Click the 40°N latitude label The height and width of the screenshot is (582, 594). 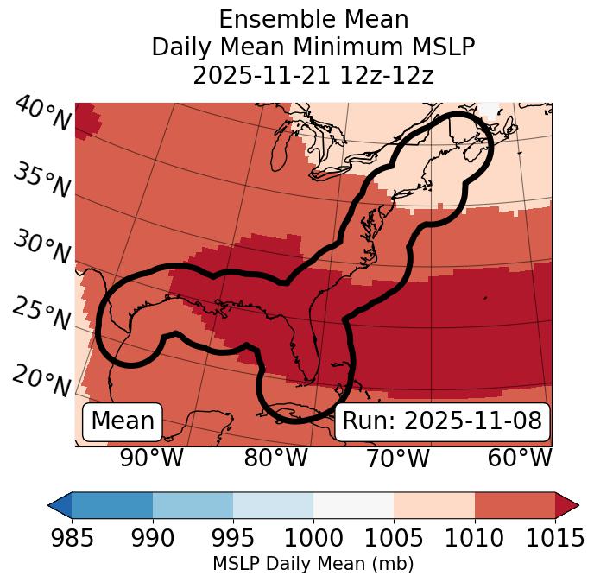[x=41, y=114]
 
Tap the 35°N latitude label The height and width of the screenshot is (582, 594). [x=41, y=180]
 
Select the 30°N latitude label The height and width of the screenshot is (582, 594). [x=41, y=248]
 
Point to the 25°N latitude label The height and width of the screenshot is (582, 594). [x=41, y=314]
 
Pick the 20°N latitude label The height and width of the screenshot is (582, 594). [x=41, y=380]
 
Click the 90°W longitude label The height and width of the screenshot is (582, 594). [x=152, y=458]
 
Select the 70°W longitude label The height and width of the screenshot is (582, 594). [x=397, y=458]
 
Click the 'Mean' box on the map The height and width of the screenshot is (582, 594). [x=123, y=421]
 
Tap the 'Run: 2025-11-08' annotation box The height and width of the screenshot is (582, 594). [x=442, y=421]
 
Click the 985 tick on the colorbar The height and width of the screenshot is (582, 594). [x=72, y=539]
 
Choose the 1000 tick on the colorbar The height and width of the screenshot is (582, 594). [x=313, y=539]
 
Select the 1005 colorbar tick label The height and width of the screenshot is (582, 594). [x=394, y=539]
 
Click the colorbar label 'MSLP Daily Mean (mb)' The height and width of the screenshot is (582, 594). [x=313, y=565]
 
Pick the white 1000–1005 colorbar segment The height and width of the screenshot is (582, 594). [x=353, y=505]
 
